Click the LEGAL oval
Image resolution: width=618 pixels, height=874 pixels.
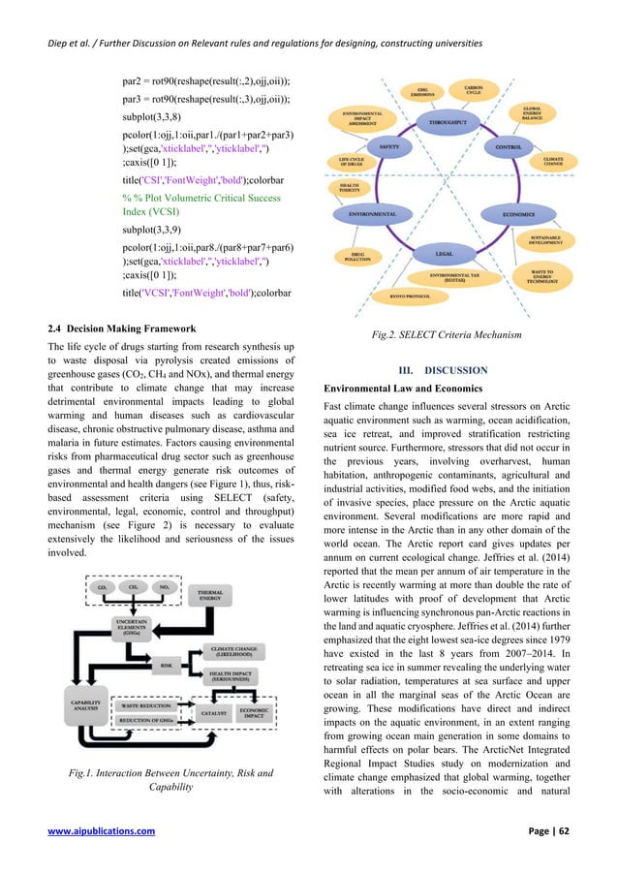[x=445, y=253]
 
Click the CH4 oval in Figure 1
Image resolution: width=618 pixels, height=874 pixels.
[x=131, y=586]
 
